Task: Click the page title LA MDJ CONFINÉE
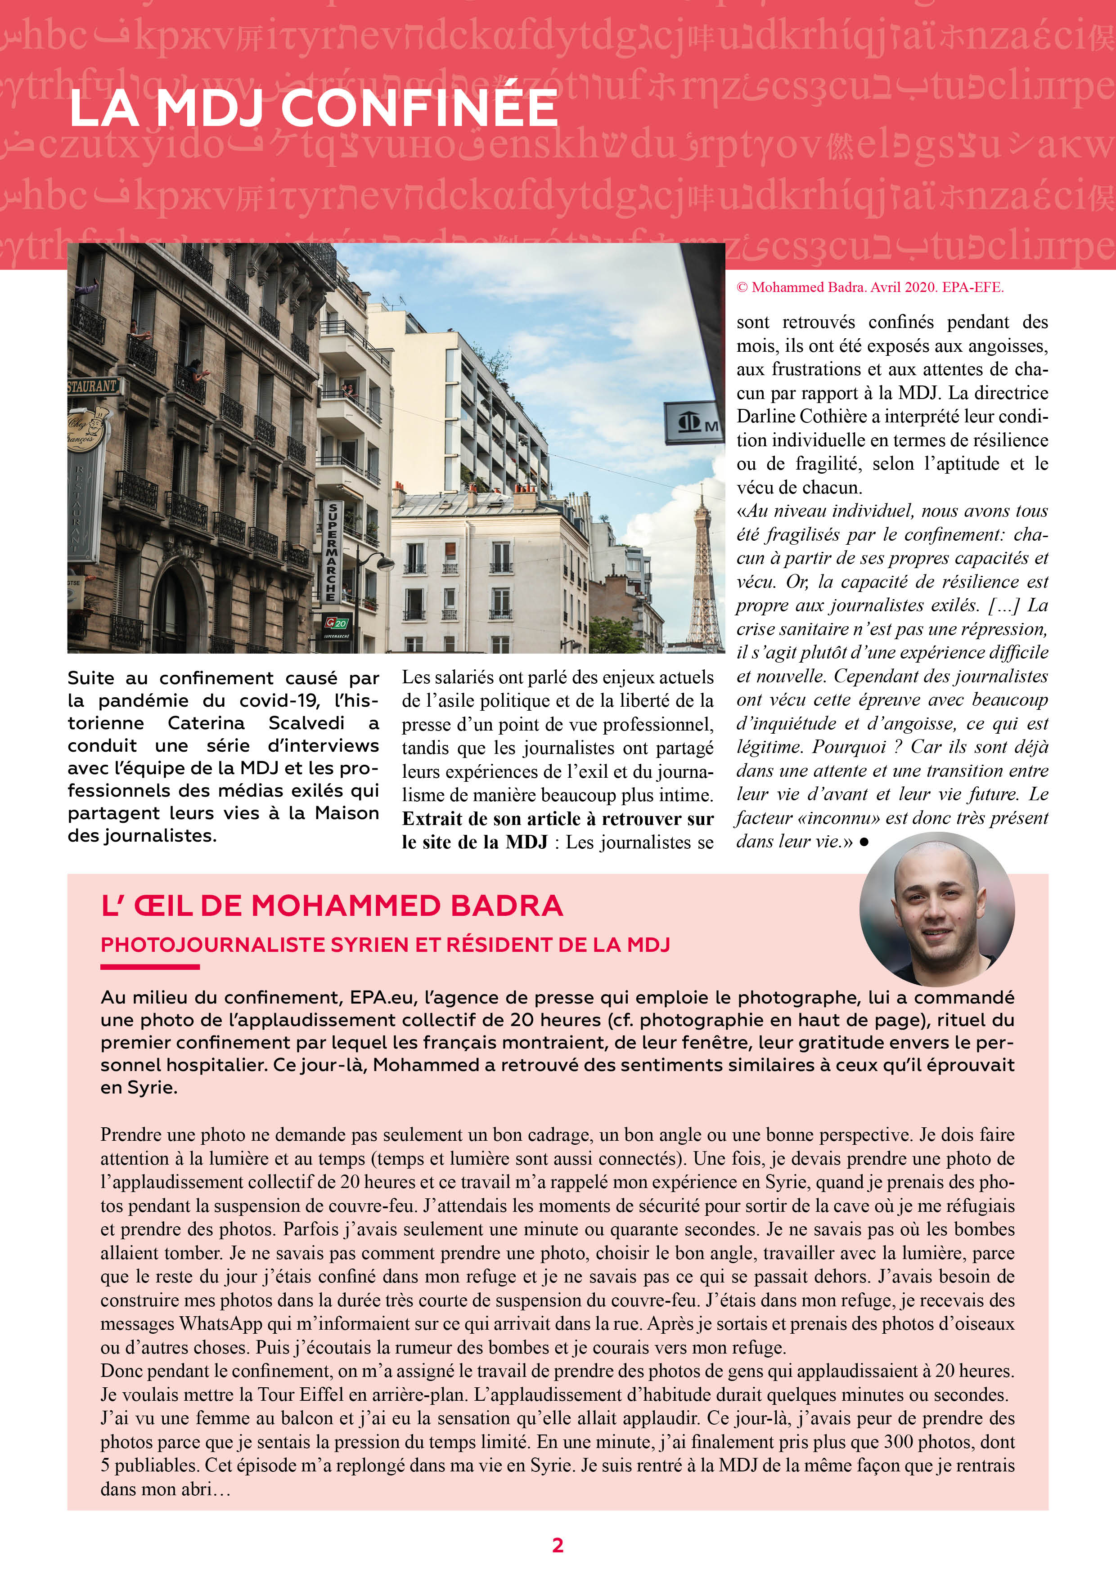tap(313, 108)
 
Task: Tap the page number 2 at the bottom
tap(558, 1545)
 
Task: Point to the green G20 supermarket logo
tap(337, 623)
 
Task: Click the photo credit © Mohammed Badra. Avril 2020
tap(870, 287)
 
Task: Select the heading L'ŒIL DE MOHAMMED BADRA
tap(332, 906)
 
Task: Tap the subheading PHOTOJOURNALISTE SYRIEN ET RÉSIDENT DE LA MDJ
tap(385, 945)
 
